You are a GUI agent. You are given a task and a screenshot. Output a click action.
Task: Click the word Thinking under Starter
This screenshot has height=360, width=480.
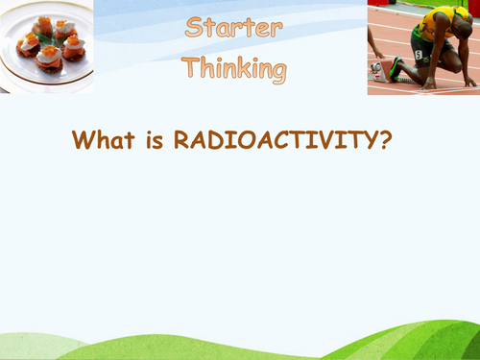coord(234,68)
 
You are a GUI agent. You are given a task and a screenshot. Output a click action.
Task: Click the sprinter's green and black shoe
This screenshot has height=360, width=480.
coord(395,67)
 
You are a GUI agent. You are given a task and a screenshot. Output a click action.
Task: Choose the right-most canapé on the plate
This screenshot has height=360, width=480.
coord(74,47)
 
